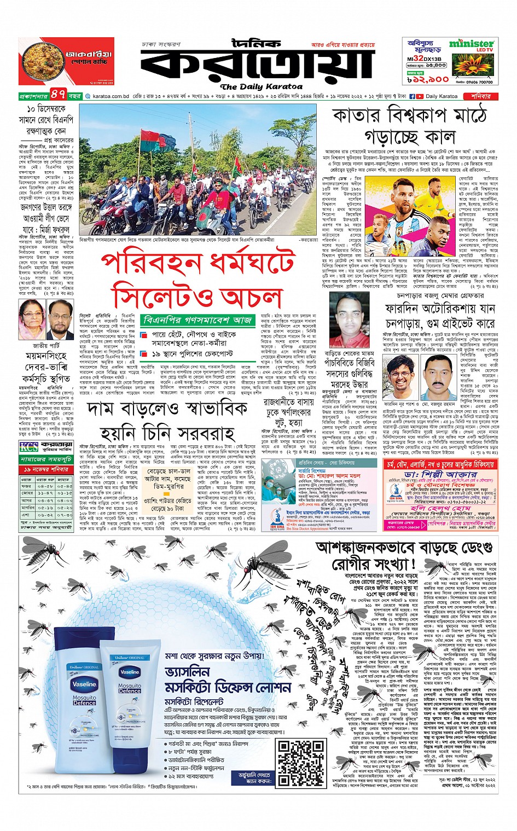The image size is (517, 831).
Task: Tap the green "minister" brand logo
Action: [471, 44]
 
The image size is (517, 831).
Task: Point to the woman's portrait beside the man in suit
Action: [31, 319]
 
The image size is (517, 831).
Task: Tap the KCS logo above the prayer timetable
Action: [29, 446]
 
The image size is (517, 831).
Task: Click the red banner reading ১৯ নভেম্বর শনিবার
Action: [45, 469]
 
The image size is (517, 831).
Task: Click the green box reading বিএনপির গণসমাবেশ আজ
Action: [196, 319]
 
